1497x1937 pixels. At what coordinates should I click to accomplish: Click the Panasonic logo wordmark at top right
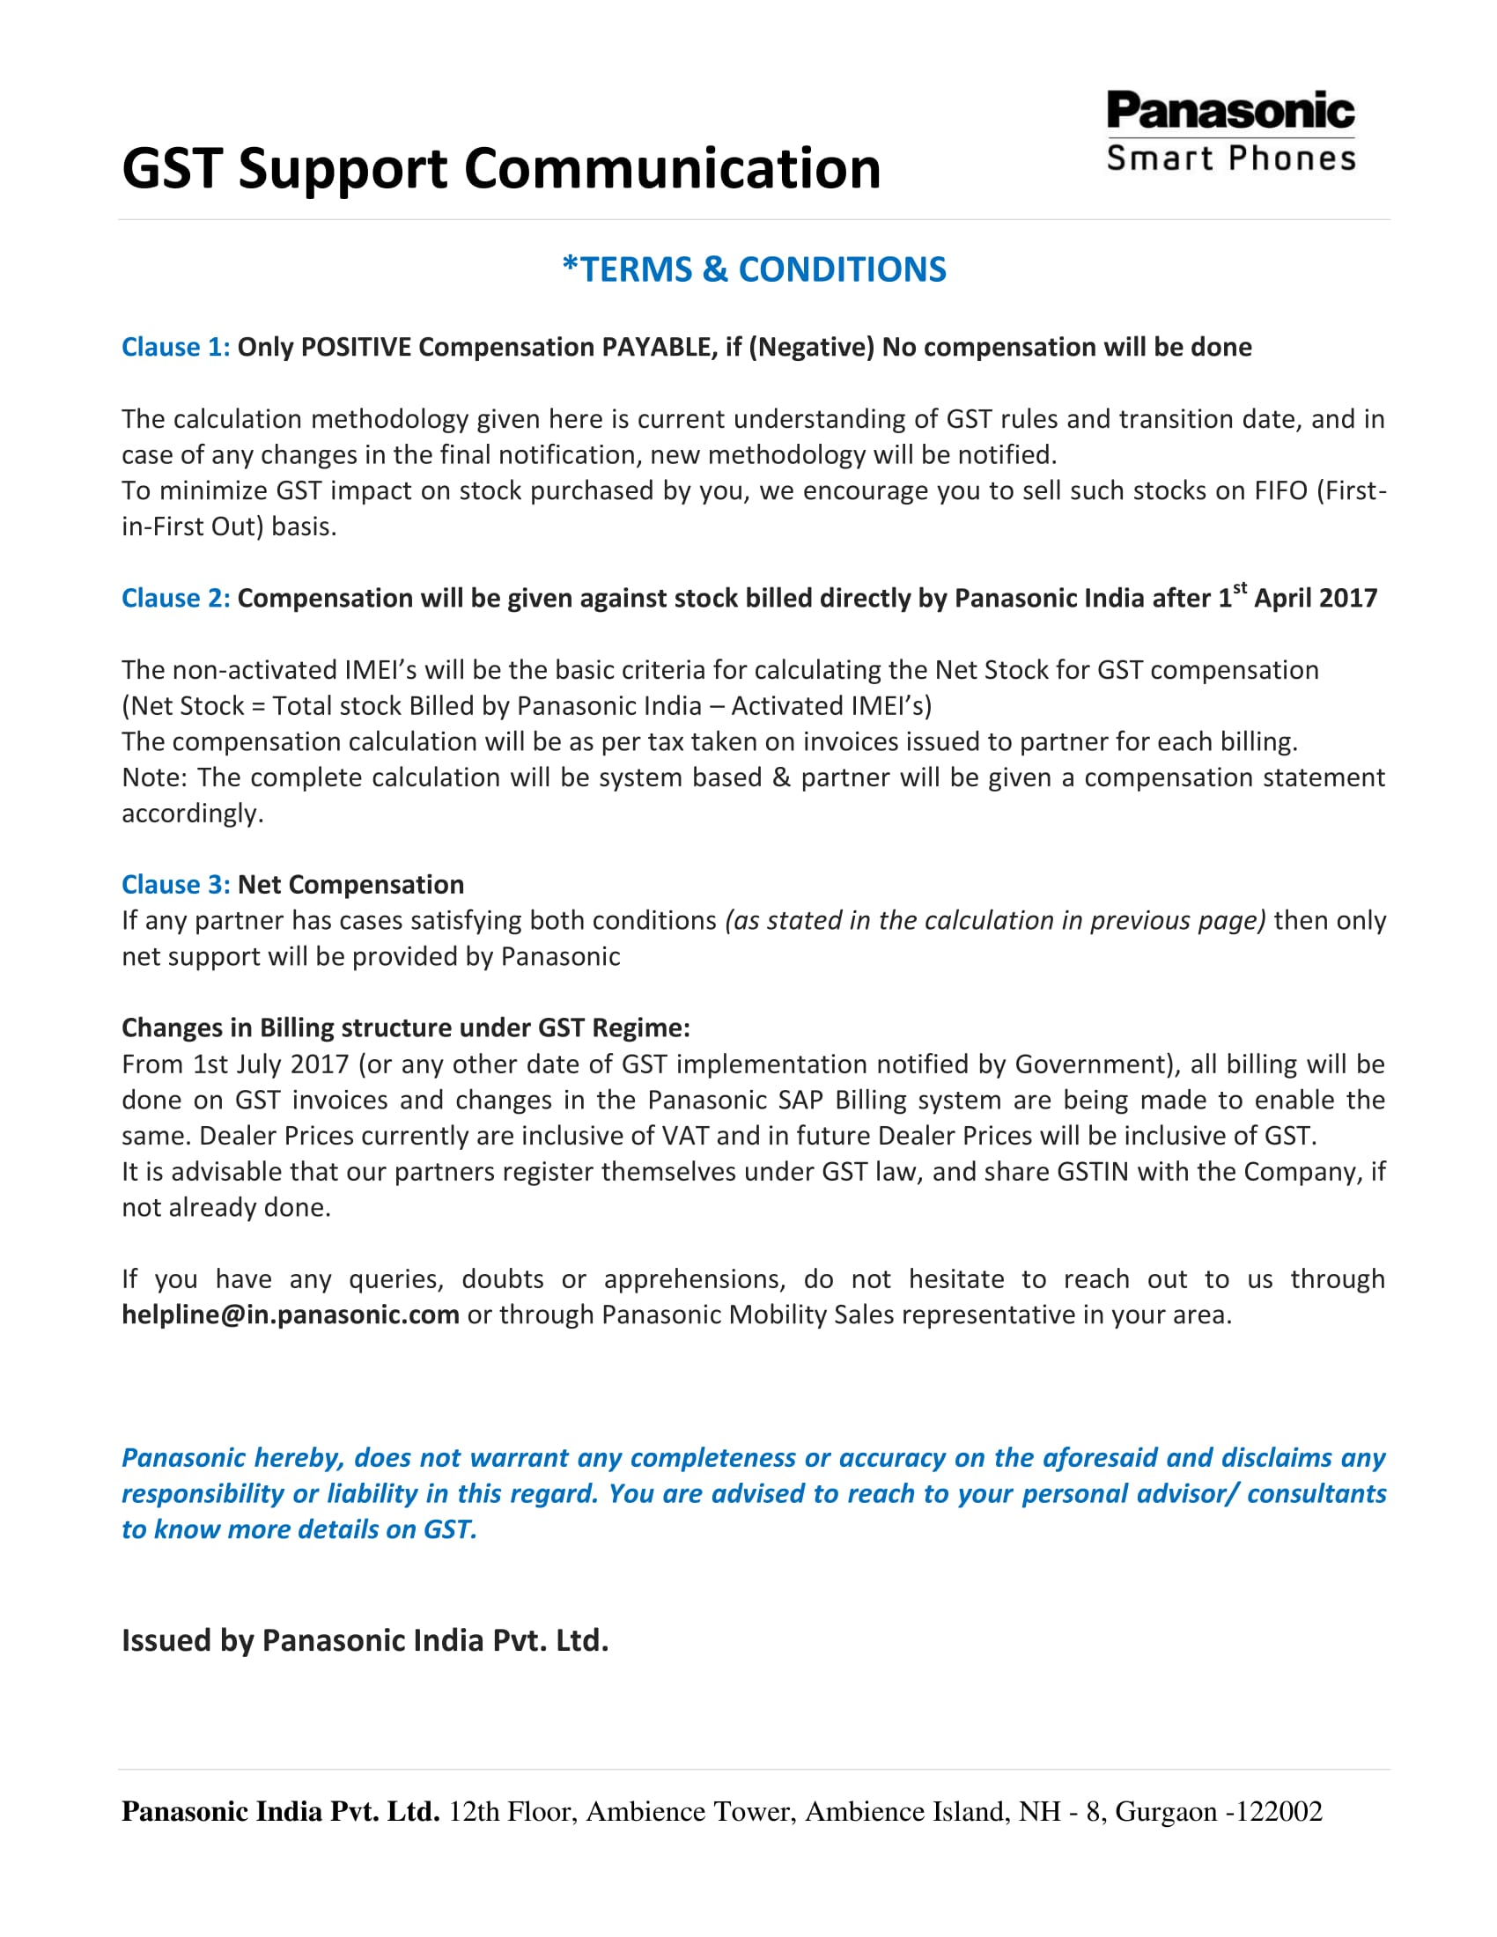click(1230, 111)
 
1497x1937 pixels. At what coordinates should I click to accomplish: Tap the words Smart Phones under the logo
click(1231, 158)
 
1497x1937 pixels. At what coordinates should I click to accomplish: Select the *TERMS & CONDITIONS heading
click(754, 269)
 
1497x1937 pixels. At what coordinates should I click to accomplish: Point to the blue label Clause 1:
click(175, 347)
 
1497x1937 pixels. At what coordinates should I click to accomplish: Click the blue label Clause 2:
click(175, 599)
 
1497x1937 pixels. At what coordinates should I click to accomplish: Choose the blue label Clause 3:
click(175, 884)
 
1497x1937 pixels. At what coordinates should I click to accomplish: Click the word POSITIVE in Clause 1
click(355, 347)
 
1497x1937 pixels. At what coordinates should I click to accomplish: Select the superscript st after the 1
click(1240, 587)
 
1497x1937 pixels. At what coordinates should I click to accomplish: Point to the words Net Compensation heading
click(350, 884)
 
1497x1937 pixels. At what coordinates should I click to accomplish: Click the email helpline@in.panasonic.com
click(290, 1315)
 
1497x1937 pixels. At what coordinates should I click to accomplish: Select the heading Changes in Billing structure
click(405, 1027)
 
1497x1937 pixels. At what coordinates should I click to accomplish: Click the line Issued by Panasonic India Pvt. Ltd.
click(365, 1641)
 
